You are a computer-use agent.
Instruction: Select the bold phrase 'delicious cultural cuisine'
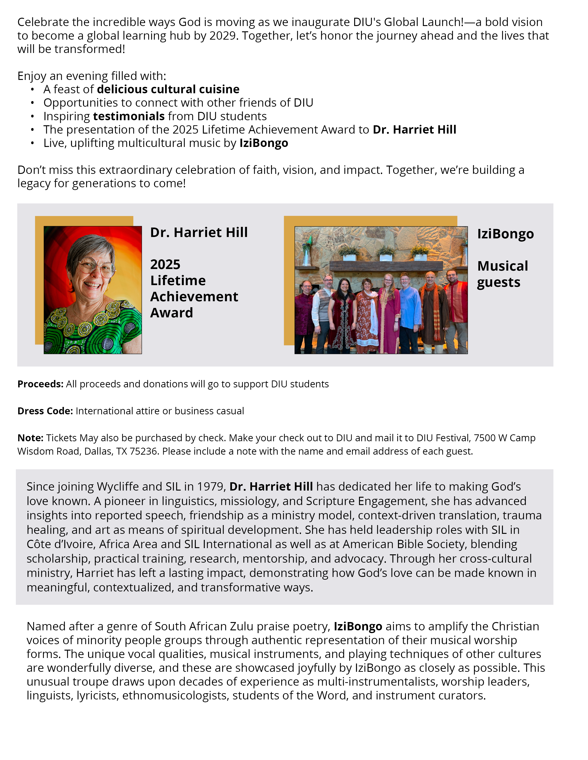(168, 89)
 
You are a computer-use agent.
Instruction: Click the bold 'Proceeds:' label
(40, 384)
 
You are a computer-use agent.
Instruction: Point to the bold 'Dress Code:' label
(45, 411)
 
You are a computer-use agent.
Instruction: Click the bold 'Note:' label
(30, 438)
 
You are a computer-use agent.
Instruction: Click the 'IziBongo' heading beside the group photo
(505, 234)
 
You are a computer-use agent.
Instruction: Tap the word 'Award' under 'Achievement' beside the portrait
(171, 313)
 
